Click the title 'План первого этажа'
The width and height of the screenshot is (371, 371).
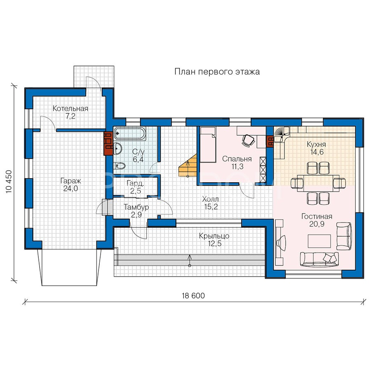[x=217, y=71]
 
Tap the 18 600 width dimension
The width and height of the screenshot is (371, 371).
[x=193, y=296]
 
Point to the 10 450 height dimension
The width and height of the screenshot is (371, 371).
[x=9, y=181]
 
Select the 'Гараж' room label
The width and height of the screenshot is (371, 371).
[x=70, y=181]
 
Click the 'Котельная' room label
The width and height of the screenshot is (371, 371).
[x=70, y=108]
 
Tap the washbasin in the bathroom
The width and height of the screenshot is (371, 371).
[x=118, y=148]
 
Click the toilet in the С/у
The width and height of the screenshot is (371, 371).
[x=119, y=166]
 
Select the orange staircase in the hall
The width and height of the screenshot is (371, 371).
[x=188, y=165]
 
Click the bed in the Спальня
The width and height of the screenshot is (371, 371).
[x=208, y=145]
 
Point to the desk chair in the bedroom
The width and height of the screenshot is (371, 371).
[x=248, y=140]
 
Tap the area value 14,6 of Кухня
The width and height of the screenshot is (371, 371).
[x=317, y=152]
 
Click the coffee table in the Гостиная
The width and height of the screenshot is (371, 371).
[x=319, y=241]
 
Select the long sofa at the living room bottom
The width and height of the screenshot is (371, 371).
[x=319, y=259]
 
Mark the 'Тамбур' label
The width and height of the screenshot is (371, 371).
[x=136, y=207]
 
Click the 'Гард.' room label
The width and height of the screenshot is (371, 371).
[x=135, y=183]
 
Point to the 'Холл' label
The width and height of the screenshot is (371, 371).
[x=210, y=199]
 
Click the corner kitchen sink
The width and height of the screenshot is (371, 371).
[x=282, y=134]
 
